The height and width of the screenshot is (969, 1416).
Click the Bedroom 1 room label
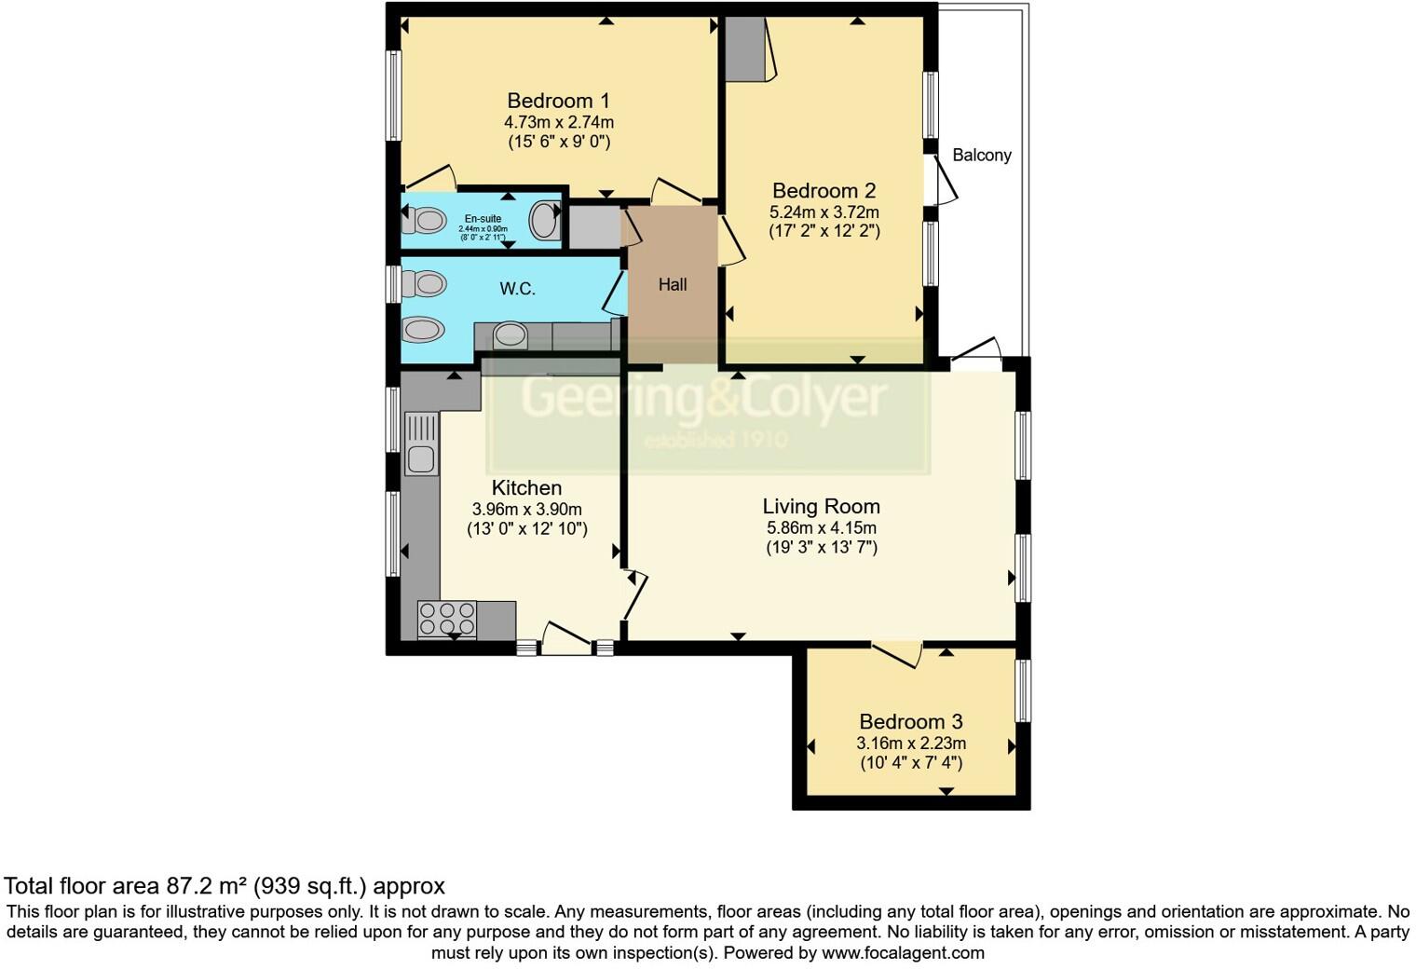click(558, 101)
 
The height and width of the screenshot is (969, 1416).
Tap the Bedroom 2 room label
click(824, 191)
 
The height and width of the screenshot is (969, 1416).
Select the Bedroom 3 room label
click(910, 722)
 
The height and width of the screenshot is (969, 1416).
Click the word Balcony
click(981, 156)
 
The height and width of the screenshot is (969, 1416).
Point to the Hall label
click(673, 285)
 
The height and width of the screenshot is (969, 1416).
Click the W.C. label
click(517, 289)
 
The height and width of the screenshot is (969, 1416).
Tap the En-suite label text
click(483, 219)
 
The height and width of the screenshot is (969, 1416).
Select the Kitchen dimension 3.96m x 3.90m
click(526, 510)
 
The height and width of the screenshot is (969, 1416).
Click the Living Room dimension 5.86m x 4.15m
click(821, 528)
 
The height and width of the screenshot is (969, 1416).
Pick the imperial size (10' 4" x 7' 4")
click(910, 763)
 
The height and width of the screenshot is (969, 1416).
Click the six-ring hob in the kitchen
click(447, 618)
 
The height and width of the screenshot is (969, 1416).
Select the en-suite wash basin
click(543, 222)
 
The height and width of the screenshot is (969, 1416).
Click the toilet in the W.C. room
click(424, 282)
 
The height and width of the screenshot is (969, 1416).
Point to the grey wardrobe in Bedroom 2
click(745, 48)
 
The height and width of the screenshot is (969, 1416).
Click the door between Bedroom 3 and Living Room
click(897, 653)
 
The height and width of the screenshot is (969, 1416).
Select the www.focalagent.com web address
click(903, 953)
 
